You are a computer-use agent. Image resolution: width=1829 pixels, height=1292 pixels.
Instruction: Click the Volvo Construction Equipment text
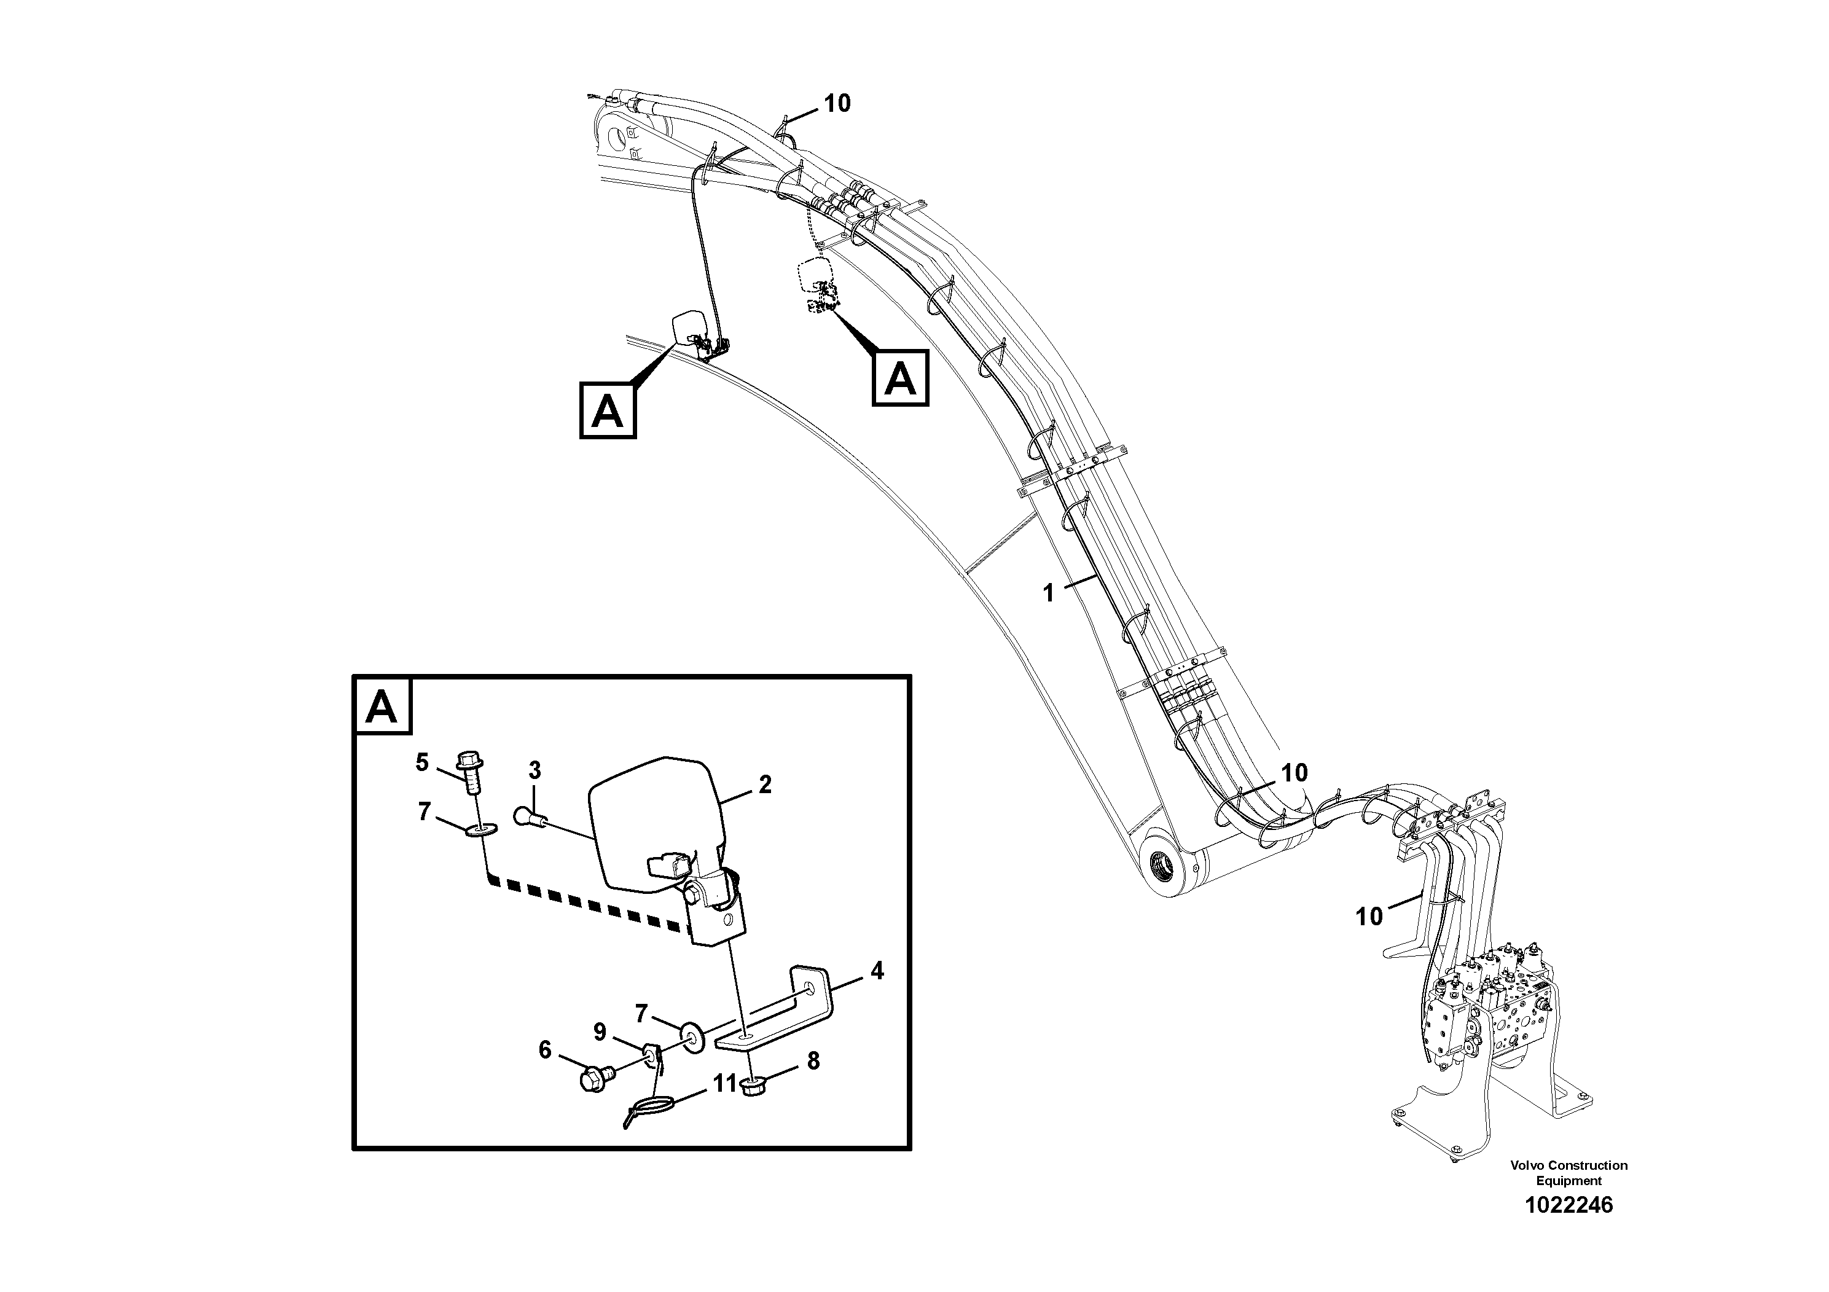pos(1568,1173)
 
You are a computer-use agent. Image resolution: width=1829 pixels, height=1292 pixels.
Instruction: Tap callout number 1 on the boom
pos(1048,593)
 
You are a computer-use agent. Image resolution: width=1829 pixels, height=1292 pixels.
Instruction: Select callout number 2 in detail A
pos(765,785)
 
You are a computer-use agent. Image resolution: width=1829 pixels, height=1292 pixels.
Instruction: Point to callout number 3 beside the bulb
pos(535,770)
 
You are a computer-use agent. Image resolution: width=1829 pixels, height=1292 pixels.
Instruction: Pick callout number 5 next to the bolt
pos(422,762)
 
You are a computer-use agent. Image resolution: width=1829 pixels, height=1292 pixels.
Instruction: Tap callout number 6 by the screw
pos(545,1050)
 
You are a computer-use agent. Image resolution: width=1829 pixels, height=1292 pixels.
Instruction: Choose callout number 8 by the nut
pos(813,1060)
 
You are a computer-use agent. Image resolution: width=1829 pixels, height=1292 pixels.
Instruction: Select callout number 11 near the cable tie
pos(724,1084)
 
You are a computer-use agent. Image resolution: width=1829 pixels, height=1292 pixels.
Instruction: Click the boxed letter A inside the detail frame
pos(382,706)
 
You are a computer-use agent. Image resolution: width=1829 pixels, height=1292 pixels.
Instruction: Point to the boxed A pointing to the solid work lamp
pos(607,410)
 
